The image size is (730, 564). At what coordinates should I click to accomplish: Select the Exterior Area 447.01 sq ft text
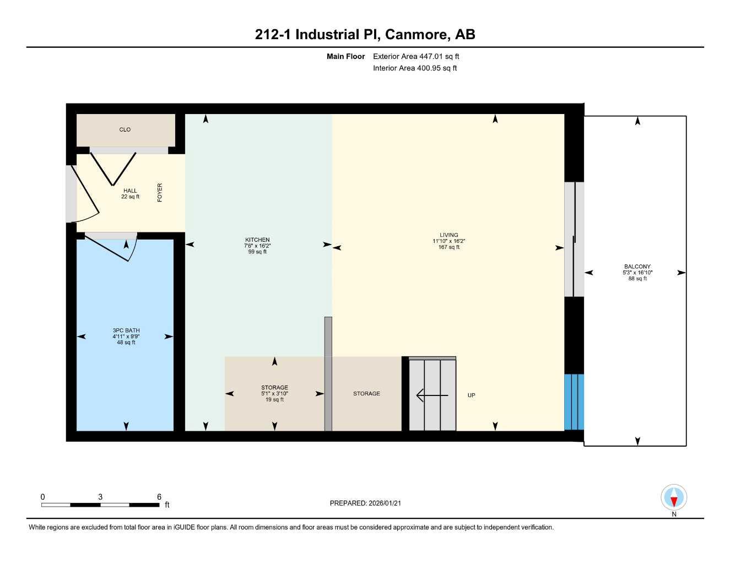pos(416,56)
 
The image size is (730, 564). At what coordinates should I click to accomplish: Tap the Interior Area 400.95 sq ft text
pos(415,68)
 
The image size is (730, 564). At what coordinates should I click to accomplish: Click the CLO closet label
pos(125,130)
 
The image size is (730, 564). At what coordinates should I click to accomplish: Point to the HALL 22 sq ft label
pos(130,194)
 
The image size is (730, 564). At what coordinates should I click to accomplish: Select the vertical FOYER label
pos(160,193)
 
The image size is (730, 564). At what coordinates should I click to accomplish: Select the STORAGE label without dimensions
pos(366,394)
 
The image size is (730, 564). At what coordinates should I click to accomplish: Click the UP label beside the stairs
pos(471,395)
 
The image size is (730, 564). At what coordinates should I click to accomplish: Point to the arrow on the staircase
pos(431,395)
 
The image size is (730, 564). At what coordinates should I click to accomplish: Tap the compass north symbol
pos(673,498)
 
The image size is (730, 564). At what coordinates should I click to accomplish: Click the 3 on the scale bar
pos(100,497)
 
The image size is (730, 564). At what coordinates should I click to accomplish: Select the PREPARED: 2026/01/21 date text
pos(365,503)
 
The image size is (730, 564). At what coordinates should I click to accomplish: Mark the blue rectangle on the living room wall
pos(574,402)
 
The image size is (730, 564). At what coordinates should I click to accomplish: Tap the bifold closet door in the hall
pos(113,168)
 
